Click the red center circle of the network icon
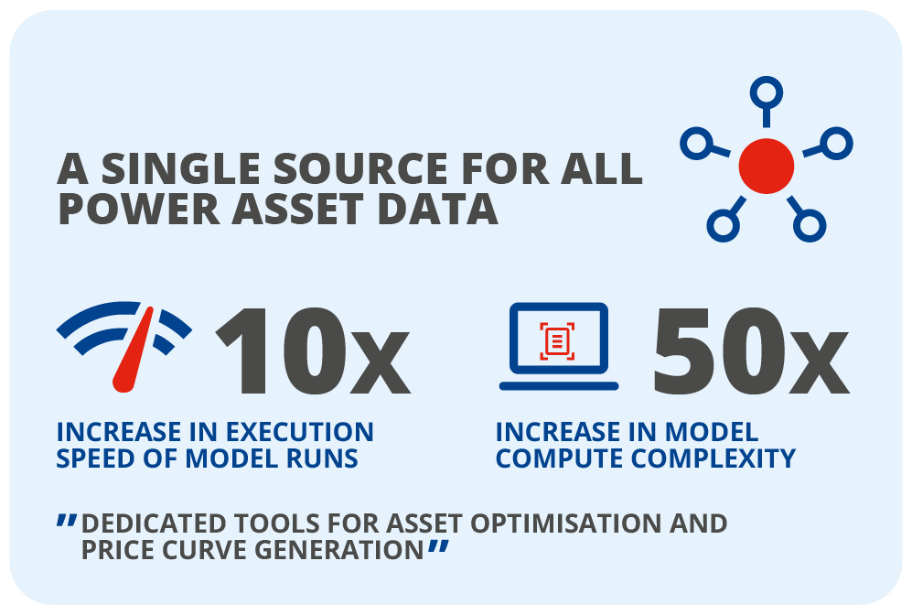coord(766,166)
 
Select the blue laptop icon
coord(558,346)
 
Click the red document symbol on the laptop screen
coord(557,341)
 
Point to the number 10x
coord(313,351)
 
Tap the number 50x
coord(751,351)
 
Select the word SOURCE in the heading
coord(360,168)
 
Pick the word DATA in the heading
coord(437,209)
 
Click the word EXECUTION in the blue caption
coord(299,432)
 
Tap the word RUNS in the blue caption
coord(322,459)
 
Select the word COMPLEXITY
coord(714,459)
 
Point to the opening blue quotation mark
coord(66,521)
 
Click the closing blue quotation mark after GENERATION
coord(438,547)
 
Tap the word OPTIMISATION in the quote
coord(566,523)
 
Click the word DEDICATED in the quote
coord(154,523)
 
